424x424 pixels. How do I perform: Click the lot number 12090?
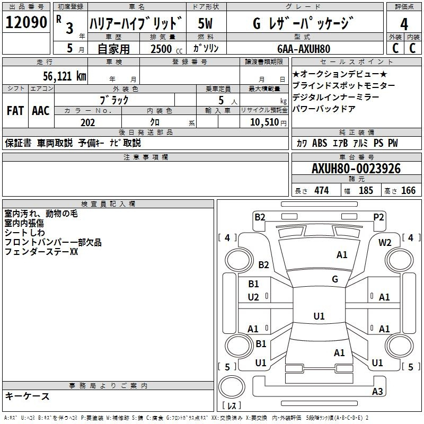26,22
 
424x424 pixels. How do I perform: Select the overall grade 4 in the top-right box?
404,24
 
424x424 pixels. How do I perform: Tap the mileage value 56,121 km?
65,76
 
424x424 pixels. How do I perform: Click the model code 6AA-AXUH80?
304,49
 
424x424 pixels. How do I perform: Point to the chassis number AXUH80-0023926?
356,169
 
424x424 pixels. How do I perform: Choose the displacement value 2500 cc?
166,49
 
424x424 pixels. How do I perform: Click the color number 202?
87,122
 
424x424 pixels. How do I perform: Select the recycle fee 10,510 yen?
268,122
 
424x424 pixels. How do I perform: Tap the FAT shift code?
15,111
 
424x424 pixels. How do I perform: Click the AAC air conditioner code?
41,111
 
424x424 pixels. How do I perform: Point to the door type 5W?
205,23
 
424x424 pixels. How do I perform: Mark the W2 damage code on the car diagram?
385,243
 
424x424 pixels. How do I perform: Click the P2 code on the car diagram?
378,217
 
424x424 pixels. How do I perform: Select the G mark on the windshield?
335,279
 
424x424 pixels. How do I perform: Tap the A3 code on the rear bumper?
377,391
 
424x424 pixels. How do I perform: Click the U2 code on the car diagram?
253,297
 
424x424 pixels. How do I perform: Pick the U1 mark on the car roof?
319,316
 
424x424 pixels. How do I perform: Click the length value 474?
322,190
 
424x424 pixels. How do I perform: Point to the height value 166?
408,190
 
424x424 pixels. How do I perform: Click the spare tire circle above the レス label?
232,387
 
